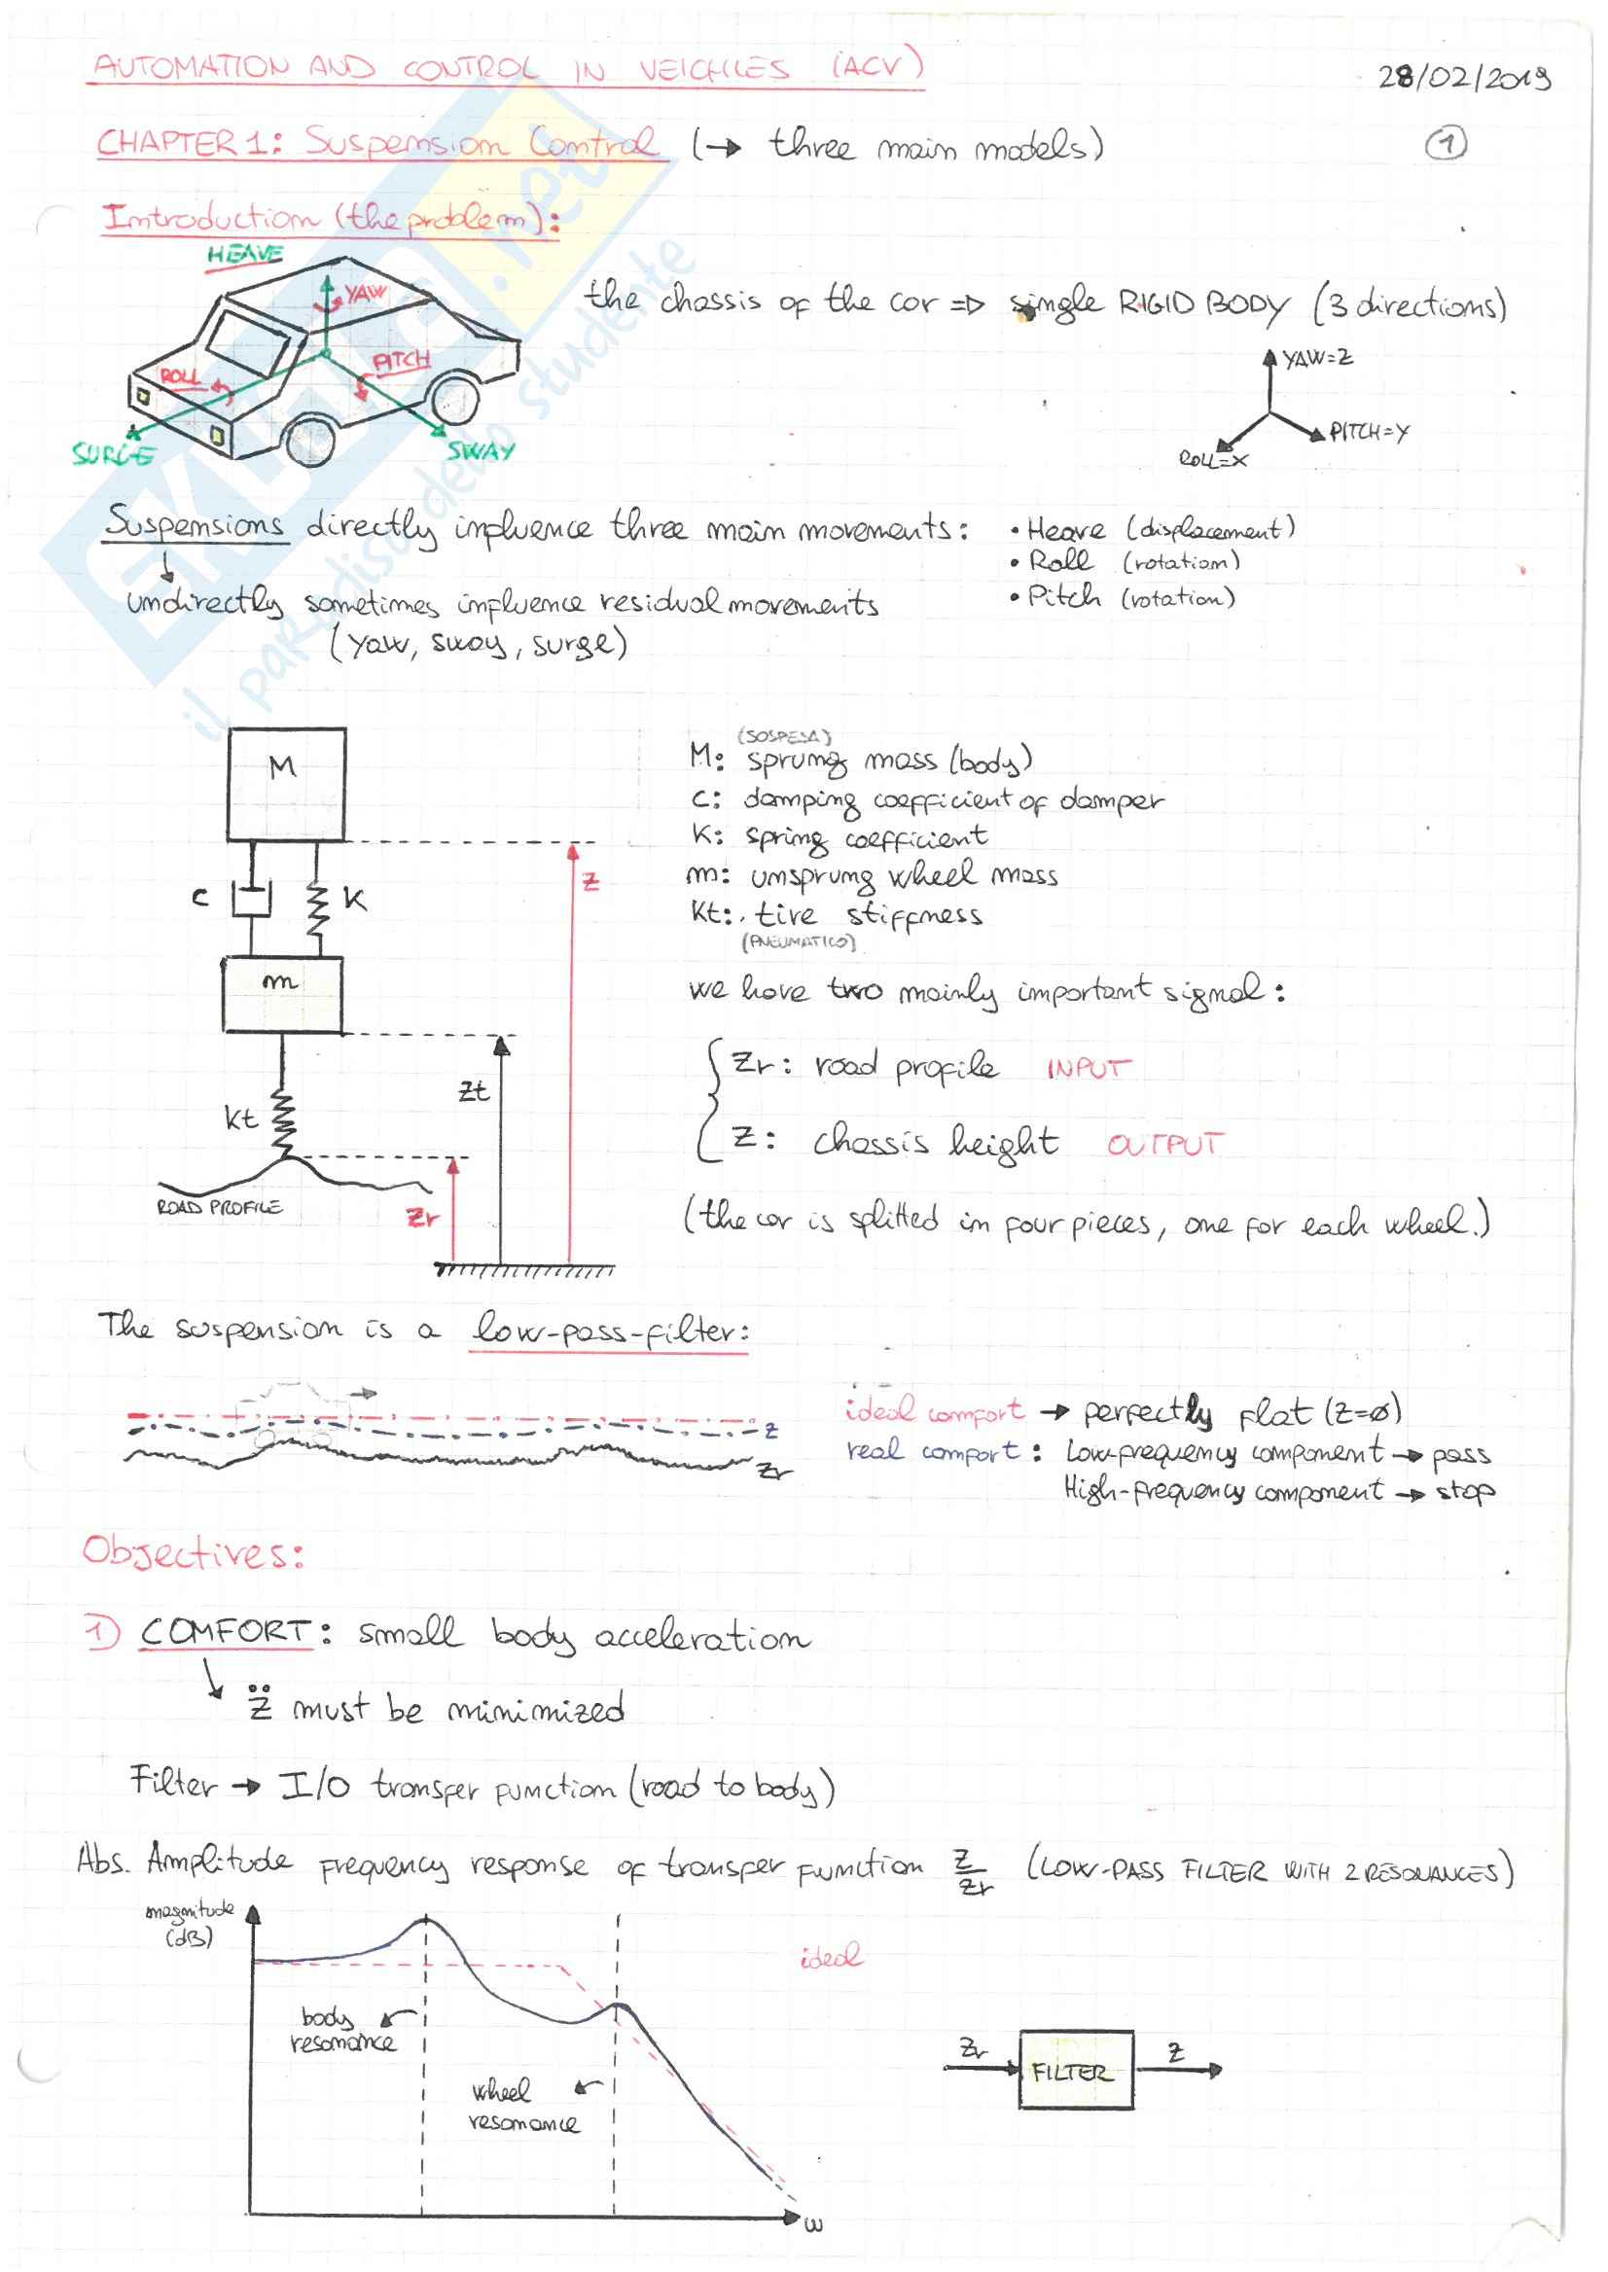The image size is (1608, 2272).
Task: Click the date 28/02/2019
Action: pyautogui.click(x=1463, y=77)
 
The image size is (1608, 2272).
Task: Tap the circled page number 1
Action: pyautogui.click(x=1446, y=145)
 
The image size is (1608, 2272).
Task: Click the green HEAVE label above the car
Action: pyautogui.click(x=244, y=255)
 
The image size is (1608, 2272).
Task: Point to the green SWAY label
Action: pyautogui.click(x=481, y=451)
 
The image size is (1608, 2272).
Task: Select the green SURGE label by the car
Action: pyautogui.click(x=113, y=454)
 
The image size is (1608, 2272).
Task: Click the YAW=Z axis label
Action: pyautogui.click(x=1317, y=357)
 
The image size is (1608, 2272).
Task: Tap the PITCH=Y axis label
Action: pyautogui.click(x=1369, y=432)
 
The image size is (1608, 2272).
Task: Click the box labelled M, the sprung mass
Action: pyautogui.click(x=286, y=784)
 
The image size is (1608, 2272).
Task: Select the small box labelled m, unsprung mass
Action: pyautogui.click(x=282, y=994)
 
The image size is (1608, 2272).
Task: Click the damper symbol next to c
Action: pyautogui.click(x=252, y=899)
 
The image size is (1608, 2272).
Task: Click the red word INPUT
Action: pyautogui.click(x=1088, y=1069)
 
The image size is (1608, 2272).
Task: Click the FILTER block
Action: pyautogui.click(x=1075, y=2071)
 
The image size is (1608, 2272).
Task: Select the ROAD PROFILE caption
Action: pyautogui.click(x=219, y=1208)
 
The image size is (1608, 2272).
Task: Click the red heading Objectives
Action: pyautogui.click(x=192, y=1551)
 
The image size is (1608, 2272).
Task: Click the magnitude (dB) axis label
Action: pyautogui.click(x=189, y=1923)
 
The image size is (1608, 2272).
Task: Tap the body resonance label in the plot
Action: pyautogui.click(x=339, y=2030)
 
